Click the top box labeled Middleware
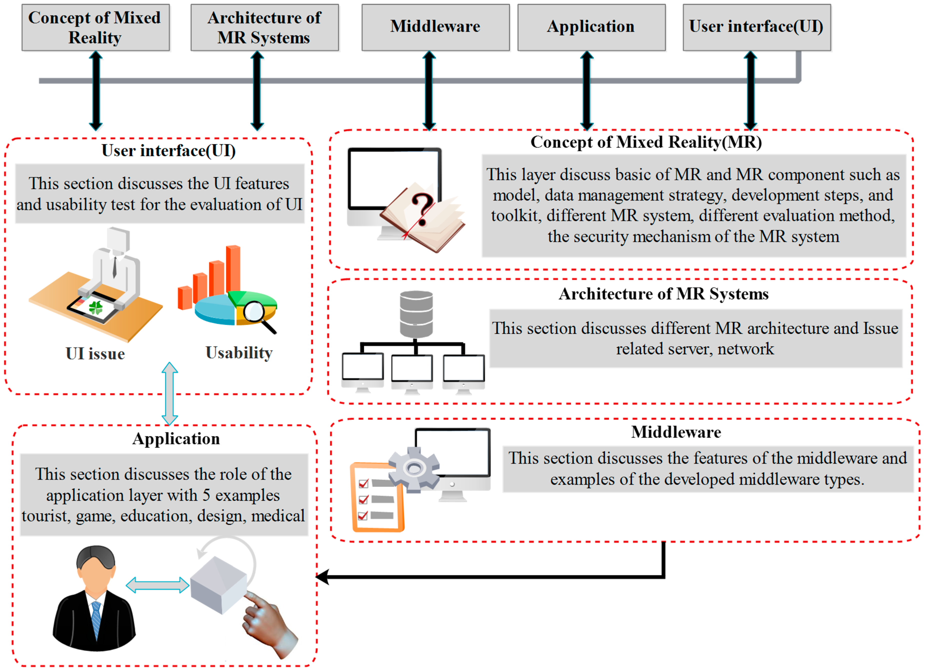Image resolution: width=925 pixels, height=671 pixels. tap(435, 27)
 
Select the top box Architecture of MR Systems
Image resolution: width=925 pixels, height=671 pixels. tap(264, 27)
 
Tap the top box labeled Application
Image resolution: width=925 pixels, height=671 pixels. tap(591, 27)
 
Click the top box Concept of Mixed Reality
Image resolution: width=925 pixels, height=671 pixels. tap(95, 27)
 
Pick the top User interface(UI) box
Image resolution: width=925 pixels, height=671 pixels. tap(756, 27)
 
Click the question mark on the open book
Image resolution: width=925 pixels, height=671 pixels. tap(422, 209)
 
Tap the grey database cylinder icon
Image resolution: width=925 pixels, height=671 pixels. tap(416, 314)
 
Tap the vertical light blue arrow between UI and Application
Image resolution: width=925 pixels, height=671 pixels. tap(170, 394)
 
